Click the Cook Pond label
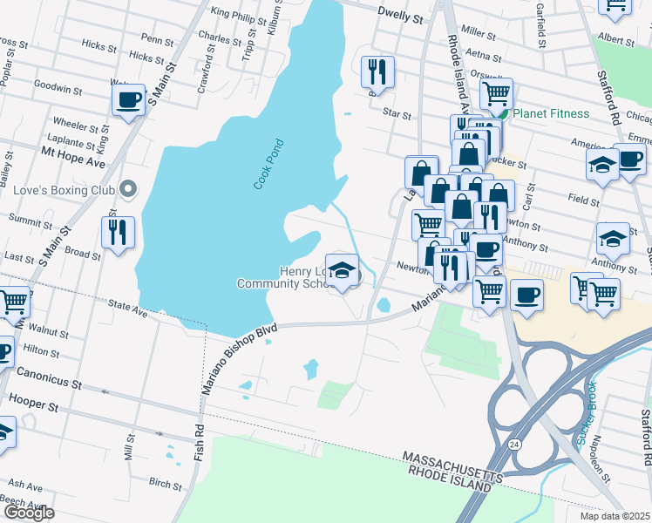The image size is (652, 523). pos(270,164)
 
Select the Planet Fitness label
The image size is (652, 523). pos(550,114)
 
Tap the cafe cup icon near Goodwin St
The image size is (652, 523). pos(129,100)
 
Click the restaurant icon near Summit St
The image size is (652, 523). pos(118,232)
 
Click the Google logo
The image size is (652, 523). pos(28,513)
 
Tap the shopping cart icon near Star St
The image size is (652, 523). pos(496,92)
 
